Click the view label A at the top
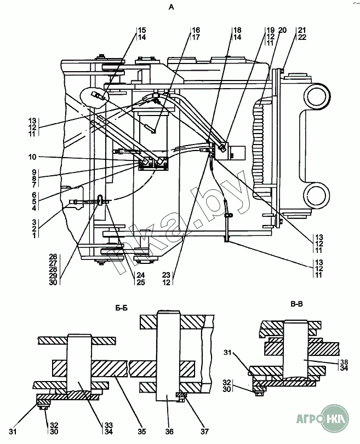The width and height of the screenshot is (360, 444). (x=171, y=8)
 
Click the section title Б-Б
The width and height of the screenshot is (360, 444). (x=121, y=308)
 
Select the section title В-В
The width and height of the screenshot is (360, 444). (x=297, y=304)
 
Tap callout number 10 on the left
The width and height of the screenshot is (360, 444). (x=32, y=157)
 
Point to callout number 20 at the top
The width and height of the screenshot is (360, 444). (x=282, y=30)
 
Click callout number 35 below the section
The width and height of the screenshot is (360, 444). (x=142, y=431)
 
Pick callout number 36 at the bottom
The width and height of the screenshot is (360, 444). (x=169, y=431)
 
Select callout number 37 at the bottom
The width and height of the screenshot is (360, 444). (x=204, y=431)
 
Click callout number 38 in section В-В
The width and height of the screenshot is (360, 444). (x=344, y=362)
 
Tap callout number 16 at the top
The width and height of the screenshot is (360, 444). (x=196, y=30)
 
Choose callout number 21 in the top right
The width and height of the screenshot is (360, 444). (x=302, y=30)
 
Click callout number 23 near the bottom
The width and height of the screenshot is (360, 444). (x=167, y=275)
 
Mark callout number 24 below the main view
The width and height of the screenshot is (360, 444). (x=141, y=275)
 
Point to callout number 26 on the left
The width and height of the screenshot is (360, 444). (x=53, y=257)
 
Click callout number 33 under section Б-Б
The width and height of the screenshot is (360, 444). (x=108, y=425)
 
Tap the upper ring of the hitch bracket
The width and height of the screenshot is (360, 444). (x=317, y=97)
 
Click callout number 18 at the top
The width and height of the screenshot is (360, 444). (x=237, y=30)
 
